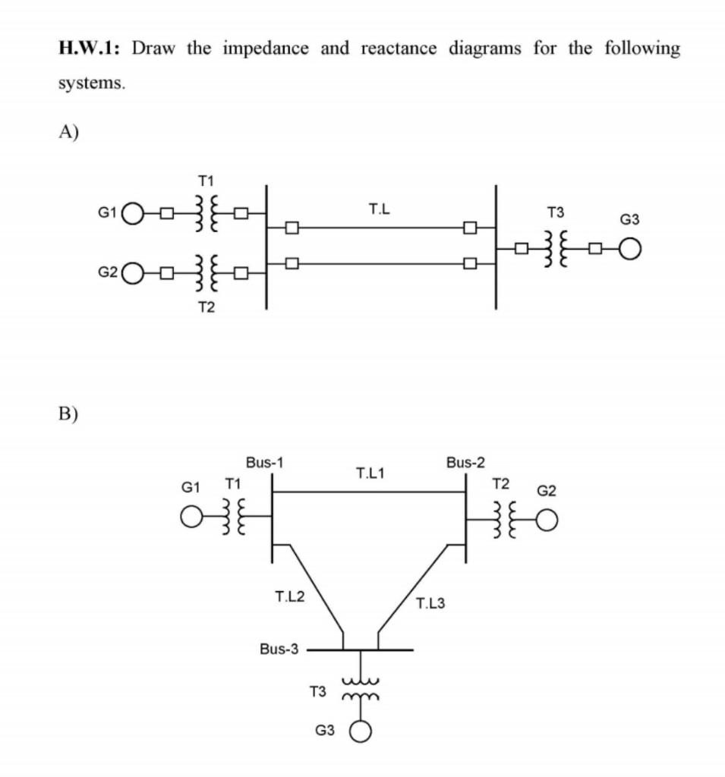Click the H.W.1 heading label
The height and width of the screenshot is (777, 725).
point(90,49)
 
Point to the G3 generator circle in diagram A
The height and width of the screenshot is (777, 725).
point(629,248)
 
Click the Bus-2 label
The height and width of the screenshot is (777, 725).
point(465,461)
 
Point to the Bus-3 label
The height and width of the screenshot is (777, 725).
point(279,650)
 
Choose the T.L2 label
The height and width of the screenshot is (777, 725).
point(289,596)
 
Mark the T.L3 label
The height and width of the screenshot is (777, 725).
point(430,604)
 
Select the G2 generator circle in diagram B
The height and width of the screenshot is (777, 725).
point(547,517)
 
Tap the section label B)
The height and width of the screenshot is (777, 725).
point(69,414)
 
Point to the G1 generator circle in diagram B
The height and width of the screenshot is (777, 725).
point(191,517)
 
